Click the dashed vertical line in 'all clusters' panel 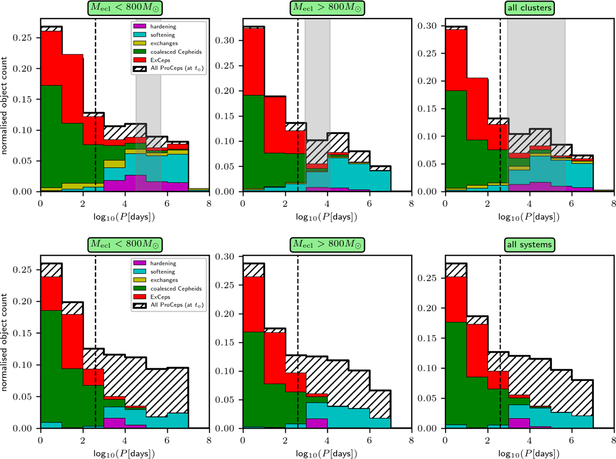pos(500,103)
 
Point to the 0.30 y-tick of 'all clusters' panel pos(433,25)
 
